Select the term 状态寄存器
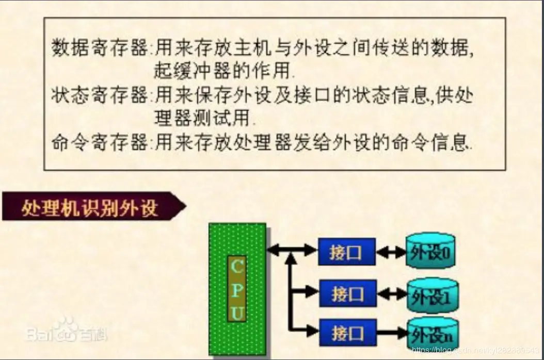tap(100, 95)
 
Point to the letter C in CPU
tap(237, 266)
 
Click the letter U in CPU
tap(237, 313)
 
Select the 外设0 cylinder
tap(430, 251)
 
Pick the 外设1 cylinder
tap(433, 295)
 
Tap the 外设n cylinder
tap(433, 334)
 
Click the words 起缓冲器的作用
tap(225, 71)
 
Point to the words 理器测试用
tap(204, 118)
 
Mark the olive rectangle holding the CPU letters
tap(237, 289)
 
